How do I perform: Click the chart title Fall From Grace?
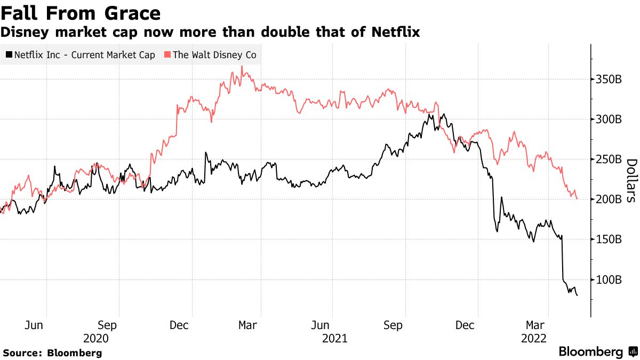pos(81,13)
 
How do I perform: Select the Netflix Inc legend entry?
pos(80,55)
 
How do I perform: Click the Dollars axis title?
pos(631,180)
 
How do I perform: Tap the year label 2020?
pos(96,338)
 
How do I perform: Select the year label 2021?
pos(334,338)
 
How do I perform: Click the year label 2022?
pos(534,338)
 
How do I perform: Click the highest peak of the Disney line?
pos(242,67)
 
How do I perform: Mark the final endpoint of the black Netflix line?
pos(577,295)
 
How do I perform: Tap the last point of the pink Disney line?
pos(577,199)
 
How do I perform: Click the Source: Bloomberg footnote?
pos(52,353)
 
